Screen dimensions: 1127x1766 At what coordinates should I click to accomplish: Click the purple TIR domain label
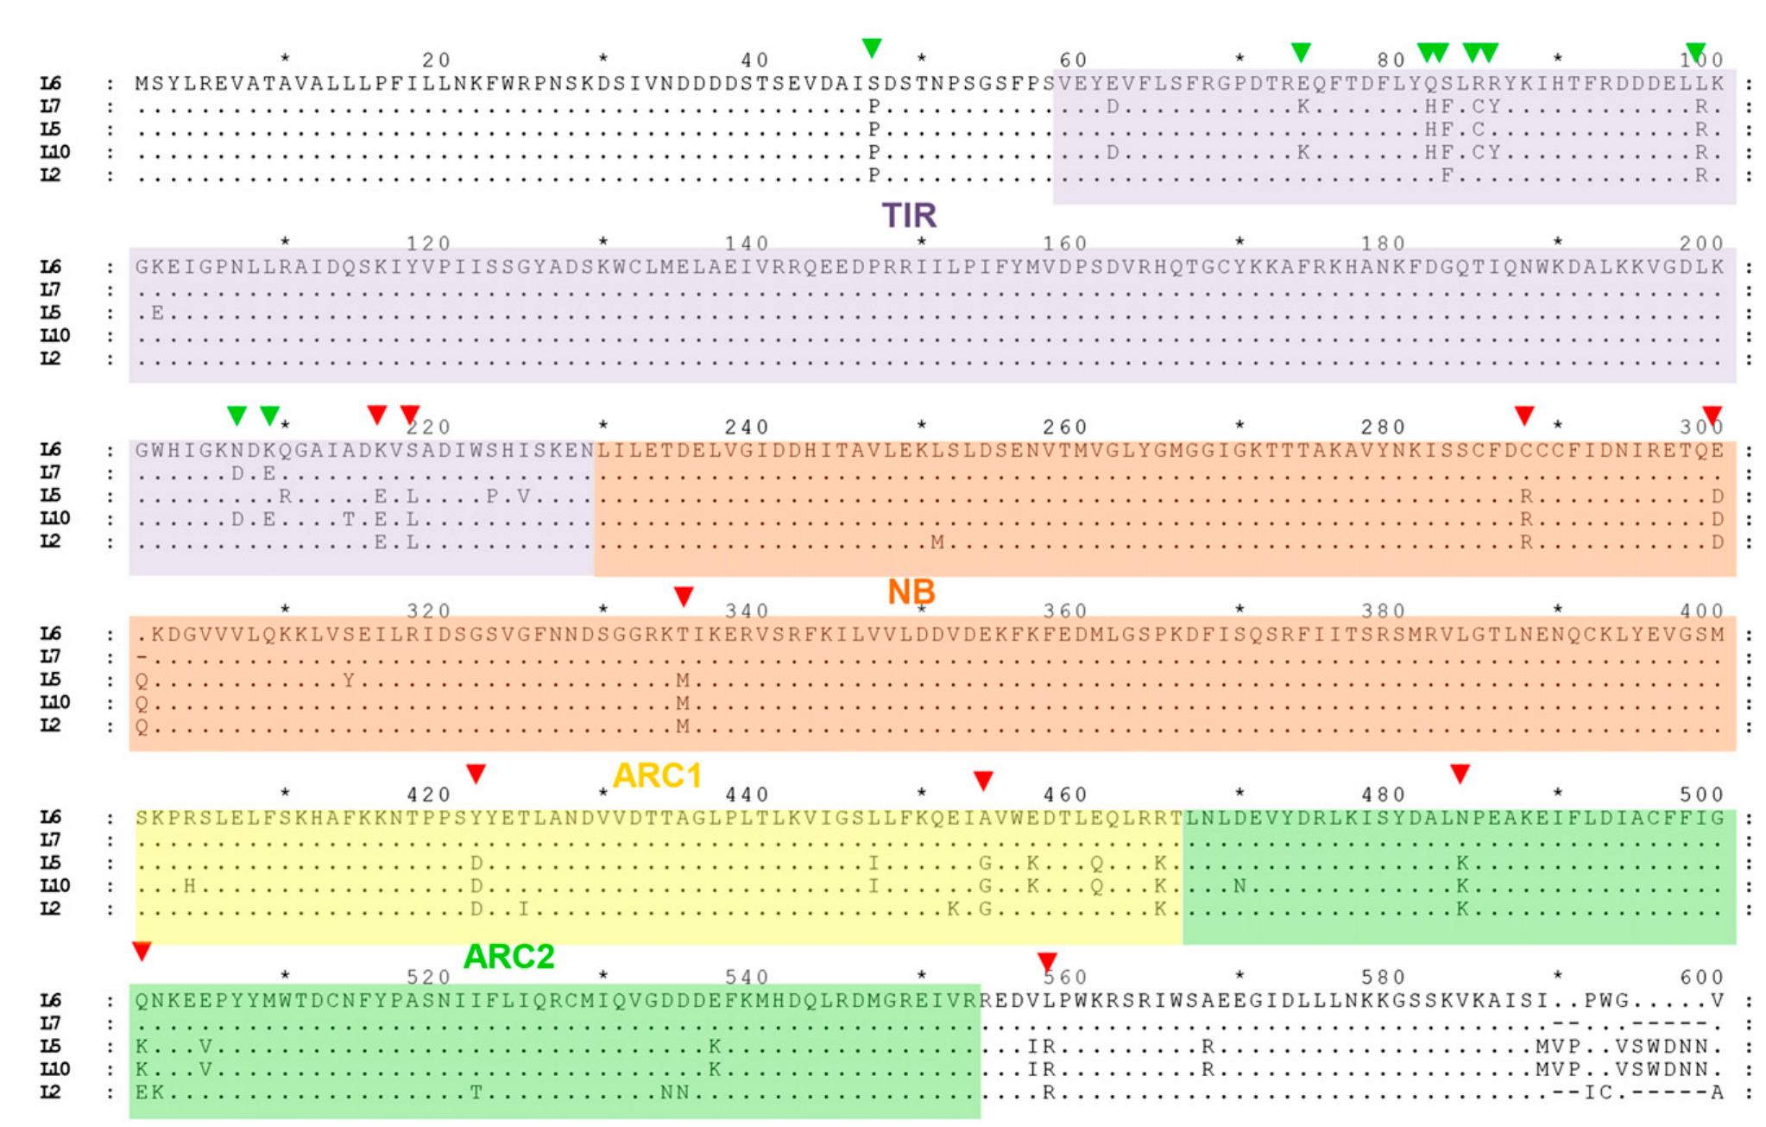point(908,215)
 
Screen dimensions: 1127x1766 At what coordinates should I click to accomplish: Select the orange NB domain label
point(911,592)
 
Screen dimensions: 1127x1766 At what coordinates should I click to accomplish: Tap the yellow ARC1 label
point(657,776)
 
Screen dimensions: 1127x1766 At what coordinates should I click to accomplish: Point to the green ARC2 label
point(508,957)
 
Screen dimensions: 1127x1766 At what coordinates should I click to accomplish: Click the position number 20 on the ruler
point(437,60)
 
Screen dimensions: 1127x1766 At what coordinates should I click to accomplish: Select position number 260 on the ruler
point(1065,427)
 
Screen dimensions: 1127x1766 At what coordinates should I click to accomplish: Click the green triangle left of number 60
point(873,48)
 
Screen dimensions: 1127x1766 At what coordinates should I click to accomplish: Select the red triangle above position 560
point(1047,961)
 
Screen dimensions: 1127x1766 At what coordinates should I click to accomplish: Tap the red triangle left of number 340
point(684,596)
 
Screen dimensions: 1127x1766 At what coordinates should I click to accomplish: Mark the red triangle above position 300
point(1712,415)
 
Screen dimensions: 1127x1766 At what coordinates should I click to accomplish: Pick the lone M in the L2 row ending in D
point(937,542)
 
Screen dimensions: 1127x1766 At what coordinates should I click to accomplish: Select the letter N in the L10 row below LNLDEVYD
point(1240,886)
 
